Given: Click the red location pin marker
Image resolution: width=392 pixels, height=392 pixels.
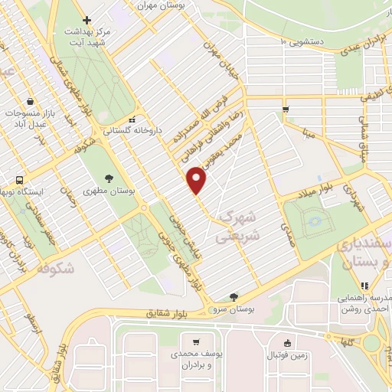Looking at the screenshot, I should tap(198, 181).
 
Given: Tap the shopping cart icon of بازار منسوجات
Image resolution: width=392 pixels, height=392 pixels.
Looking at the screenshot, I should tap(29, 101).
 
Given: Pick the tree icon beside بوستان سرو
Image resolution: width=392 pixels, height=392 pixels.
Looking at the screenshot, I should tap(233, 297).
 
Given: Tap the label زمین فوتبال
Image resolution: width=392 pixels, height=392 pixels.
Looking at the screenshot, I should tap(287, 354).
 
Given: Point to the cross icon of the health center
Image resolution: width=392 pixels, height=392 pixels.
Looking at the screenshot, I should tap(88, 20).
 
